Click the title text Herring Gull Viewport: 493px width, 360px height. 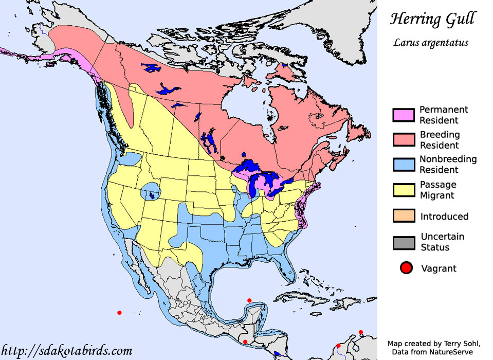432,20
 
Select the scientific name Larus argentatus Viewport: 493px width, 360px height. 431,43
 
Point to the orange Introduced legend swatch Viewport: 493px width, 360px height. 404,217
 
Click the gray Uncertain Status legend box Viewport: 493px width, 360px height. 404,242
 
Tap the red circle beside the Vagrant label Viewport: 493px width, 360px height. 407,268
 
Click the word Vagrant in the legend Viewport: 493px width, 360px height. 439,268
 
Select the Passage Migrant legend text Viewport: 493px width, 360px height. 438,190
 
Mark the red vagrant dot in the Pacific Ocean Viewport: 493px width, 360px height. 119,313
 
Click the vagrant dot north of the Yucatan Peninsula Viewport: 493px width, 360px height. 249,300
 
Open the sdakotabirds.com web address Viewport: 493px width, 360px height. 67,351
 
